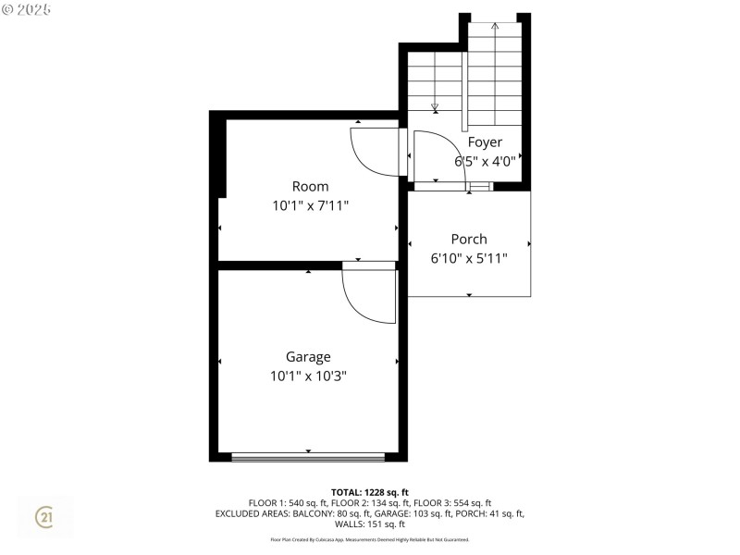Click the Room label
pos(310,187)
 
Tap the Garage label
pos(308,357)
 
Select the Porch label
pos(469,239)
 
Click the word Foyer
pos(485,142)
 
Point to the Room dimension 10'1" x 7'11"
pos(310,205)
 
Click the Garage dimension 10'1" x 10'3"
pos(308,376)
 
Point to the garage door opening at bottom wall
pos(308,457)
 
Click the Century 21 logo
pos(43,518)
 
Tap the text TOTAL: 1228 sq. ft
pos(370,492)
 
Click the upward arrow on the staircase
pos(495,27)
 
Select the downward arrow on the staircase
pos(435,107)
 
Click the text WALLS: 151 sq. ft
pos(370,524)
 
